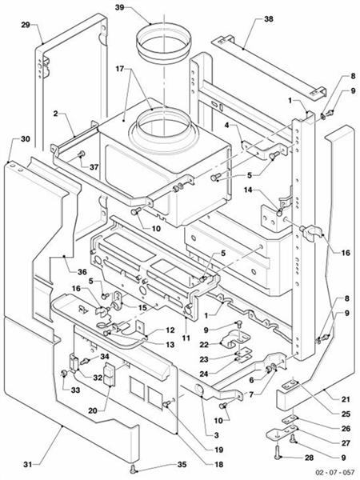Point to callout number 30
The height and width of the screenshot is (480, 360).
coord(25,138)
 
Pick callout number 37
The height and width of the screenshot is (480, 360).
coord(94,167)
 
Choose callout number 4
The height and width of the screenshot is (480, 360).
coord(226,125)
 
